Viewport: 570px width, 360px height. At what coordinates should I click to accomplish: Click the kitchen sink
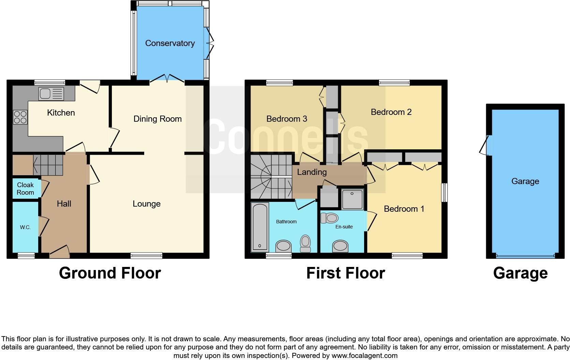[x=51, y=94]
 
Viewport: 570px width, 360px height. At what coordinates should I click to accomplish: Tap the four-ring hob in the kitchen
[x=20, y=117]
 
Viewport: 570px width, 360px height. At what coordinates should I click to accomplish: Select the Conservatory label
[x=170, y=43]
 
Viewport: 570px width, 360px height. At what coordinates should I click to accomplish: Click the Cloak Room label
[x=25, y=189]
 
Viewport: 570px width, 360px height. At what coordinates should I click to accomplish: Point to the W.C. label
[x=25, y=227]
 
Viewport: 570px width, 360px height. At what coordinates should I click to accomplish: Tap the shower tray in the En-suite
[x=352, y=198]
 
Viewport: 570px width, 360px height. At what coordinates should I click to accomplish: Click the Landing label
[x=312, y=172]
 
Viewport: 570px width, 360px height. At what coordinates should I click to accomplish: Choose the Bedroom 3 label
[x=286, y=119]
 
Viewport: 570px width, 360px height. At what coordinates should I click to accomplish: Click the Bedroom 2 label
[x=391, y=112]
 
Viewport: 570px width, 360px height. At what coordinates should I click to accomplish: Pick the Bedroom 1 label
[x=404, y=209]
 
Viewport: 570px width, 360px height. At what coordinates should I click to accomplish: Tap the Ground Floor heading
[x=110, y=273]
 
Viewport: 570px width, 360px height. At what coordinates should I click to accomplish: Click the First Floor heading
[x=345, y=273]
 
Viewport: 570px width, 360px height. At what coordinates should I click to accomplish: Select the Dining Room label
[x=157, y=119]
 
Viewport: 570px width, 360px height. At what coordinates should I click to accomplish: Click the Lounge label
[x=147, y=204]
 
